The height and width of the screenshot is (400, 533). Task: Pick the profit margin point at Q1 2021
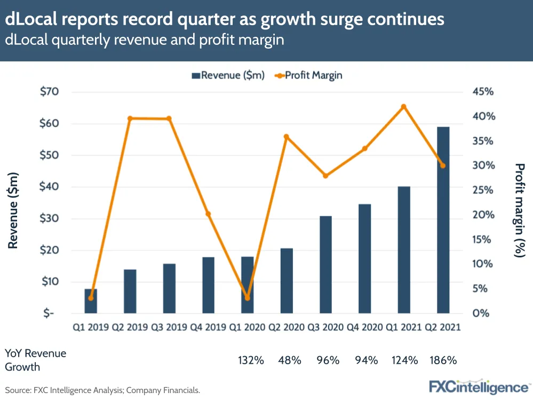coord(404,107)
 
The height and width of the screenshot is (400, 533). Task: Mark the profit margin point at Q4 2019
coord(208,214)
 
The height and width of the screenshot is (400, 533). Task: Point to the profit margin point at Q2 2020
coord(287,137)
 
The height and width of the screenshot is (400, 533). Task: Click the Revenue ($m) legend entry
coord(228,75)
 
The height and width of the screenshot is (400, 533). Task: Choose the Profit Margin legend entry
coord(308,75)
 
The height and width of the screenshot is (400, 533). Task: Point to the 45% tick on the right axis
coord(483,92)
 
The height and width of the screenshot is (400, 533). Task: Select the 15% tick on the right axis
coord(483,239)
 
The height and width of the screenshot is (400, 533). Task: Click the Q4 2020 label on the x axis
coord(364,327)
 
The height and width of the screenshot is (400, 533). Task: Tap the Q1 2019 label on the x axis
coord(91,327)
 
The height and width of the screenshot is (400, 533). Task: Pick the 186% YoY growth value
coord(443,360)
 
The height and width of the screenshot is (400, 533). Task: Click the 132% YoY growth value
coord(251,360)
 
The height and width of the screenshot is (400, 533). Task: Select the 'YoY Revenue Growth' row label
coord(35,360)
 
